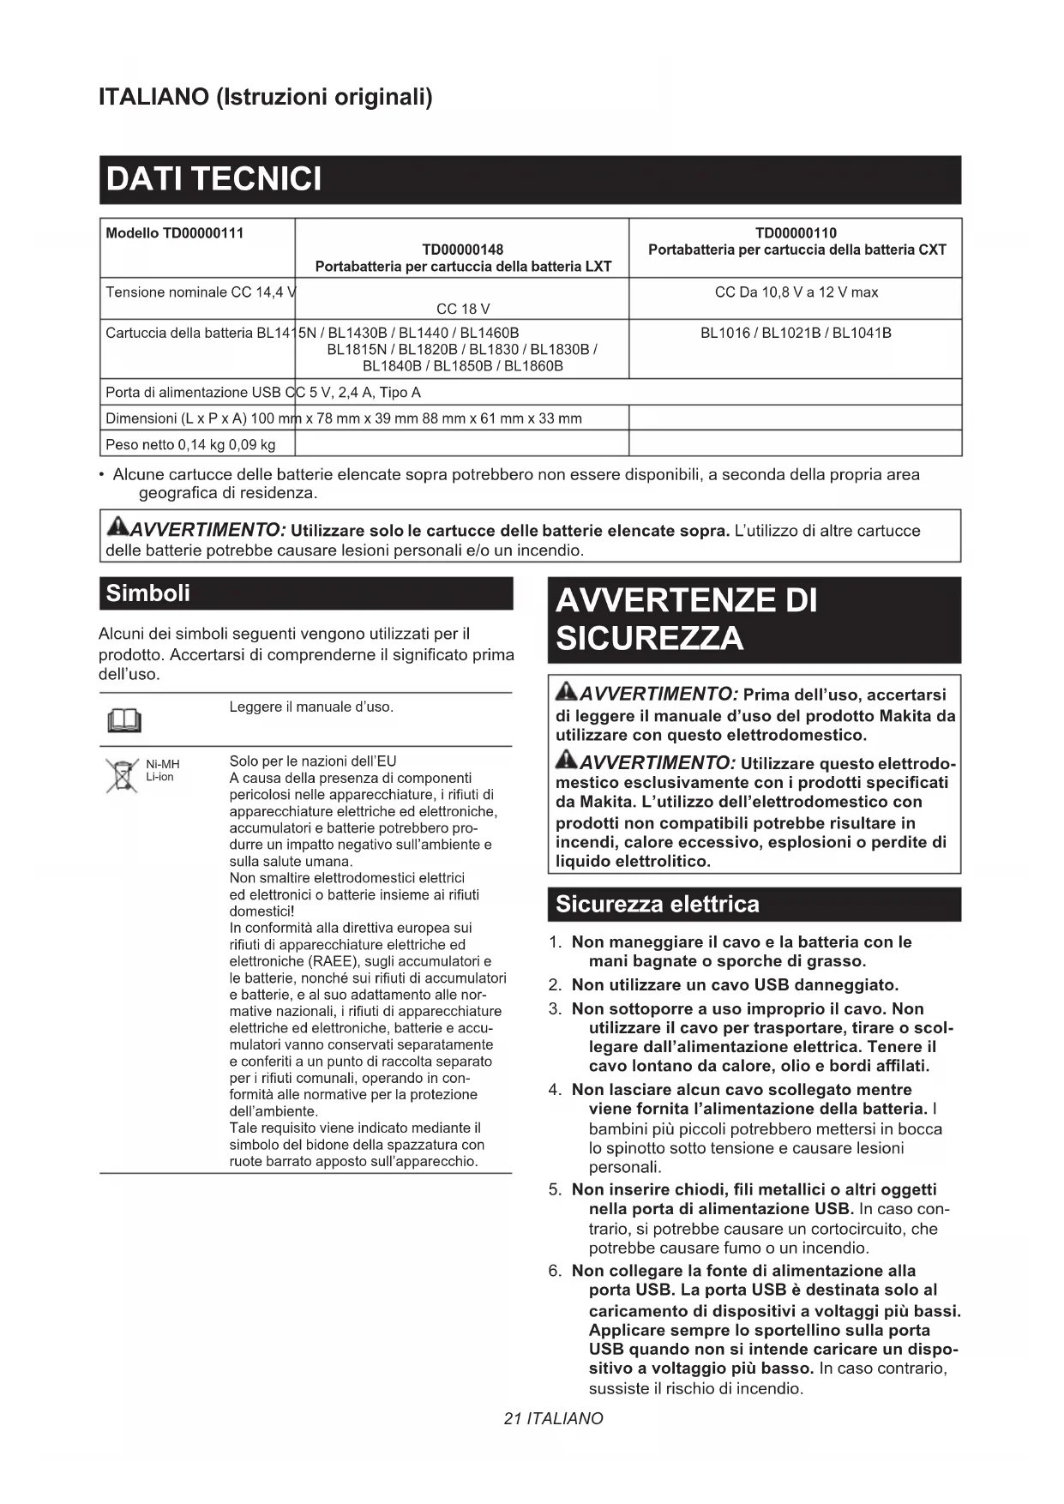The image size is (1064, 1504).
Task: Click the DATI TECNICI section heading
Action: click(213, 179)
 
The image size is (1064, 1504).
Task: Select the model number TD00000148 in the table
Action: click(463, 250)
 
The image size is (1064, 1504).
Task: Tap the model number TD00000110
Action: click(796, 233)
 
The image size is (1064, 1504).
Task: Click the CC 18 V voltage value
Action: click(463, 309)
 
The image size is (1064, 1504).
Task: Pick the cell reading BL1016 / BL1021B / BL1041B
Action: click(796, 333)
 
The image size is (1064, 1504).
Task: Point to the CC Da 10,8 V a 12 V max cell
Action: click(796, 292)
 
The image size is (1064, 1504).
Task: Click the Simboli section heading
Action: click(147, 593)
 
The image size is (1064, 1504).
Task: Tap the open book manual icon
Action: click(123, 721)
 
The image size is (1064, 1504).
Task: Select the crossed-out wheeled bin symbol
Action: click(123, 775)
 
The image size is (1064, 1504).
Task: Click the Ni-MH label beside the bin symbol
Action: click(163, 764)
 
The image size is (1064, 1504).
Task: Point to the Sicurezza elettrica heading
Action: click(657, 905)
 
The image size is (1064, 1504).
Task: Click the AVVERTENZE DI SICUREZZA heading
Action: click(686, 619)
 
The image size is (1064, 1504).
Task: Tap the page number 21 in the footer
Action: click(513, 1418)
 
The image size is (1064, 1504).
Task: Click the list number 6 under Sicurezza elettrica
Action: click(555, 1271)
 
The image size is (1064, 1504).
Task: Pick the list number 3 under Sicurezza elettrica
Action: click(555, 1009)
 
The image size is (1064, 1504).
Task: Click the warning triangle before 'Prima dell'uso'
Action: click(567, 692)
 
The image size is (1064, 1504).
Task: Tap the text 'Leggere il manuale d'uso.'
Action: click(311, 707)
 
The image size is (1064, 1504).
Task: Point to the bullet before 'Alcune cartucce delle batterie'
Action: click(103, 475)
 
